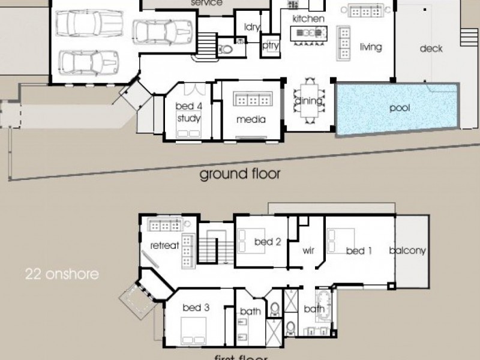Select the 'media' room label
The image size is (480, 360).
coord(251,119)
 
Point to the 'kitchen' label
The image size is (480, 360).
coord(308,19)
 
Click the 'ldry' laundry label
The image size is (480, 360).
coord(251,26)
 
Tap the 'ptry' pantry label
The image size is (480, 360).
coord(268,46)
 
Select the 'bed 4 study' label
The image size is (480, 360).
coord(188,112)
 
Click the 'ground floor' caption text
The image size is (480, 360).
coord(240,174)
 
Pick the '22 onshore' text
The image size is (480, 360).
coord(62,275)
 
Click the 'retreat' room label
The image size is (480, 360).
coord(164,245)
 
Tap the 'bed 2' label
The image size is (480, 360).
coord(268,242)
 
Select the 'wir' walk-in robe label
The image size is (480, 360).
coord(308,250)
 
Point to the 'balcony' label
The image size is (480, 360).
coord(407,251)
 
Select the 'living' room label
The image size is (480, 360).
coord(371,47)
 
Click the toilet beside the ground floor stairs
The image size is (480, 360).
coord(227,50)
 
